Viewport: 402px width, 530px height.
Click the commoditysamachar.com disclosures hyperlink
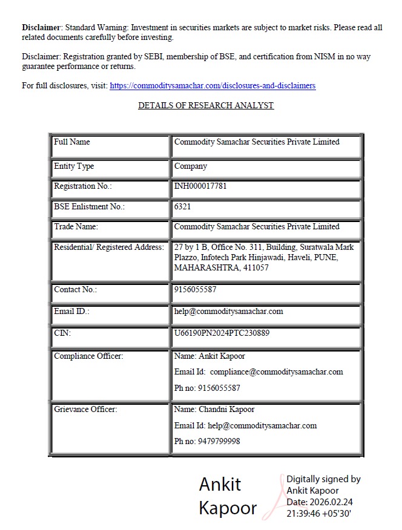(x=213, y=86)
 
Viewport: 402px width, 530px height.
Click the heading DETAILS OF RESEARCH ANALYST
(x=206, y=105)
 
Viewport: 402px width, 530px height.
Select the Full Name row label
(x=71, y=142)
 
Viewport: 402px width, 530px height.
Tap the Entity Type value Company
(x=191, y=166)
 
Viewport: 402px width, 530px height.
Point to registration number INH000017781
(x=200, y=186)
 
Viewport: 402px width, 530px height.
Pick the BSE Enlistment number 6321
(x=183, y=207)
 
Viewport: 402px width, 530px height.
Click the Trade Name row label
(x=76, y=227)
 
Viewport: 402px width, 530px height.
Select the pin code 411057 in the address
(x=255, y=267)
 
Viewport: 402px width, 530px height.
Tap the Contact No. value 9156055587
(x=195, y=290)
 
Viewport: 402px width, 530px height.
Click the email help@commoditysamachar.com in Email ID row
(x=228, y=312)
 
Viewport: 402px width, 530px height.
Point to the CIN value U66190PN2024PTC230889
(x=222, y=333)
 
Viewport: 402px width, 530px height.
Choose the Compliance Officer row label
(x=88, y=356)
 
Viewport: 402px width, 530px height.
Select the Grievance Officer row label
(x=85, y=410)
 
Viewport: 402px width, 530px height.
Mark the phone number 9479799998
(x=219, y=442)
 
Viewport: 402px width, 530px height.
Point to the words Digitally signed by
(x=323, y=479)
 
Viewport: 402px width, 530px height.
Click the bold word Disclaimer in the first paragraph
(x=42, y=28)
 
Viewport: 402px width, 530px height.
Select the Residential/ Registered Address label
(x=108, y=247)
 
